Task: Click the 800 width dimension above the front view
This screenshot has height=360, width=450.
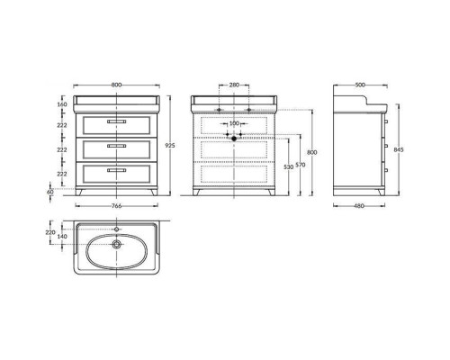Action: click(x=116, y=85)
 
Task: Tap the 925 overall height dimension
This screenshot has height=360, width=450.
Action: click(x=170, y=146)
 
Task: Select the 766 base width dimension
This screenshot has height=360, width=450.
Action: click(x=116, y=206)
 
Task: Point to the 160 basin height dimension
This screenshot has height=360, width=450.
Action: click(x=62, y=104)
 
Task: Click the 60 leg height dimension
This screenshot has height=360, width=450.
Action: click(x=50, y=192)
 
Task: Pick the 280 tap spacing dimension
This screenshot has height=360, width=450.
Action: click(x=234, y=85)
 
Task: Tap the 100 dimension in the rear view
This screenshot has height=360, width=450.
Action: click(x=234, y=123)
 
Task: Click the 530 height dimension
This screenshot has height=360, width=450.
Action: click(x=288, y=167)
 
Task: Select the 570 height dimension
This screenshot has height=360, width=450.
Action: click(x=301, y=165)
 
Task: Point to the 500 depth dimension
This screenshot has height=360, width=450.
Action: click(x=360, y=85)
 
